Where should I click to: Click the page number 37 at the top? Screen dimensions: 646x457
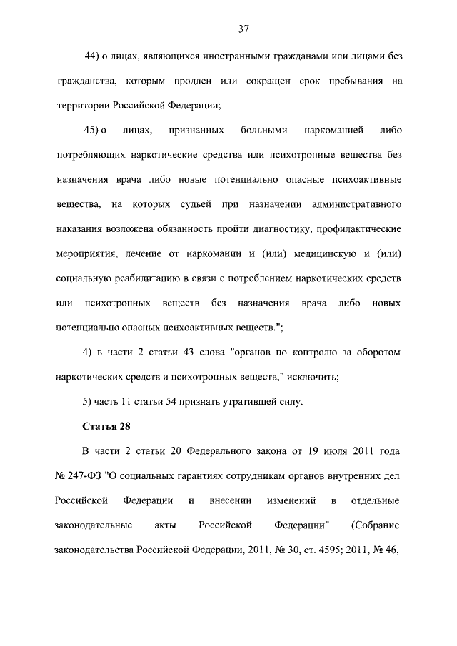click(243, 29)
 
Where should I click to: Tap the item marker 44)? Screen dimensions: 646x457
click(94, 56)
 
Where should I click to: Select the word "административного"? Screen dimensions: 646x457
click(356, 205)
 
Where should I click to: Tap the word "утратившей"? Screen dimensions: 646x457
click(250, 403)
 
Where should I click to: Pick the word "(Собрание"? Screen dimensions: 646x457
click(376, 526)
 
